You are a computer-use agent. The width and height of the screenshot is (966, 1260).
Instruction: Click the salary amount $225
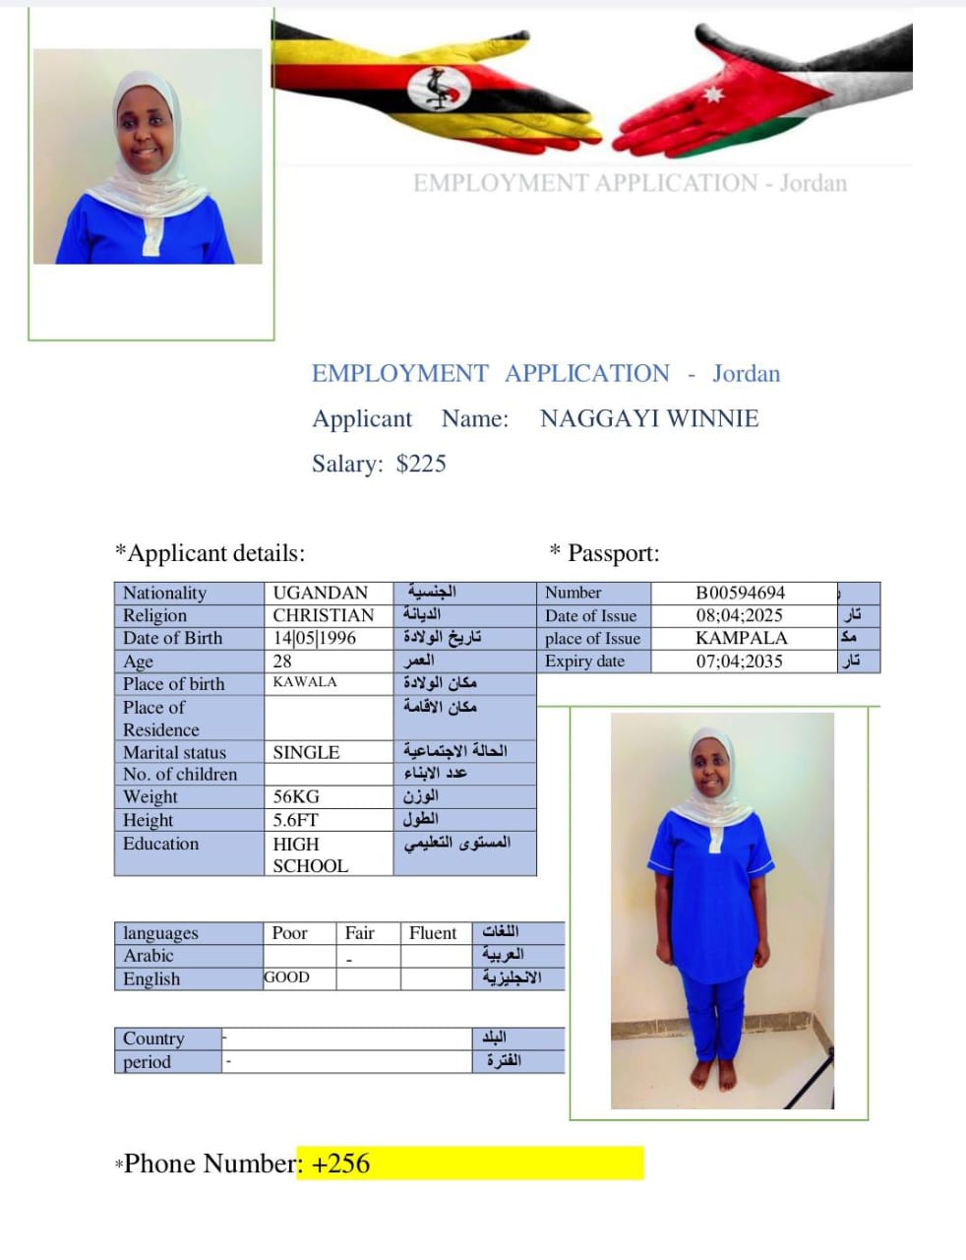tap(421, 464)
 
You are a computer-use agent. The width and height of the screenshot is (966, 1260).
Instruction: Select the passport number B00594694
tap(740, 593)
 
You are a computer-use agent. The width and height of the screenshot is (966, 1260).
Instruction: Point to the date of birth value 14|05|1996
tap(315, 638)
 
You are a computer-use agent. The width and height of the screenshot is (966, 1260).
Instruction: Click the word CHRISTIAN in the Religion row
tap(324, 615)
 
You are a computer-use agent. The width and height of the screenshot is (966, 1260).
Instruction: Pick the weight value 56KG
tap(296, 796)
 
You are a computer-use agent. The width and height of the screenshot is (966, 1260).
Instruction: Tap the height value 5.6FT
tap(296, 820)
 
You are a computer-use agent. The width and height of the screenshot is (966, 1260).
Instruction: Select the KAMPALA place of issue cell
tap(741, 638)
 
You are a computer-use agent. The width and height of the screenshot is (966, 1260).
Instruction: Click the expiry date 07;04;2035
tap(740, 661)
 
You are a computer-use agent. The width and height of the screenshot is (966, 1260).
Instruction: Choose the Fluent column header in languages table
tap(433, 933)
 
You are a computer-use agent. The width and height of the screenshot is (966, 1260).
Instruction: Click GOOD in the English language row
tap(286, 977)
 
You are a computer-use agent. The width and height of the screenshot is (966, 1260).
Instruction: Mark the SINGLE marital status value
tap(306, 752)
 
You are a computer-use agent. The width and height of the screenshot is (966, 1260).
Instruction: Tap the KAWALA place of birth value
tap(305, 682)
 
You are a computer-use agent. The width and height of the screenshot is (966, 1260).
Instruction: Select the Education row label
tap(160, 844)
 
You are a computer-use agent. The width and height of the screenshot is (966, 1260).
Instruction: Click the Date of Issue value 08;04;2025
tap(740, 615)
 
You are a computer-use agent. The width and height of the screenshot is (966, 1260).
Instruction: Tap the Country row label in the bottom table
tap(153, 1039)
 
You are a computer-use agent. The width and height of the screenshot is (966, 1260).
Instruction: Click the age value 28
tap(282, 661)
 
